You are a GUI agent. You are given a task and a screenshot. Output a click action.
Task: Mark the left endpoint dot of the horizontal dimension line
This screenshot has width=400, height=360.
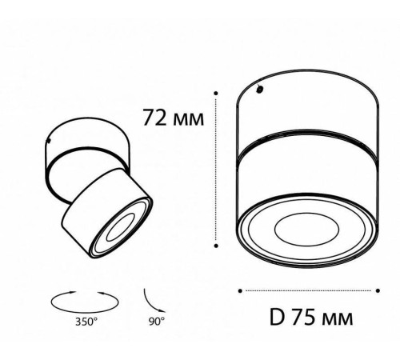click(242, 290)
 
